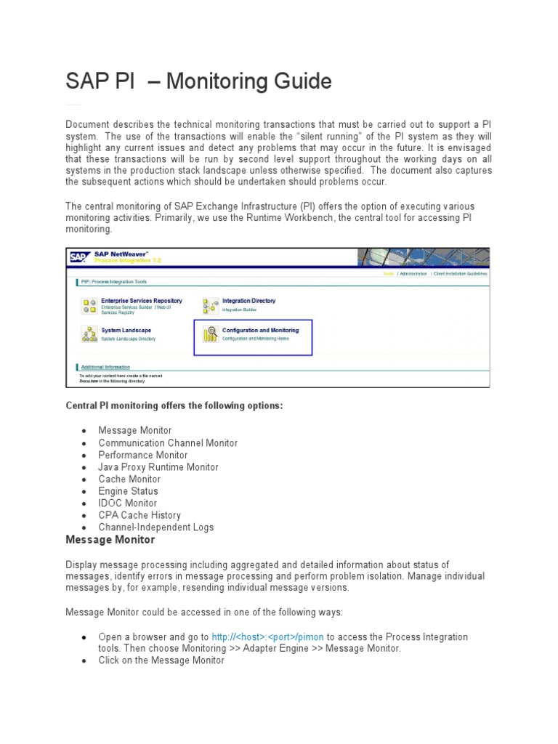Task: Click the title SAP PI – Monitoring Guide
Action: pyautogui.click(x=198, y=81)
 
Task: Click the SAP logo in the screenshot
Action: pyautogui.click(x=78, y=256)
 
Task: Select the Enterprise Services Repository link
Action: pyautogui.click(x=141, y=300)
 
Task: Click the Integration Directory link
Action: pyautogui.click(x=248, y=300)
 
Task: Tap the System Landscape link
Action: pyautogui.click(x=126, y=330)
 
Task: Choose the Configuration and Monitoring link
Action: pyautogui.click(x=260, y=330)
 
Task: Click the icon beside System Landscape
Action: pyautogui.click(x=89, y=334)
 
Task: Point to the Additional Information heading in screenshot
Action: pyautogui.click(x=106, y=367)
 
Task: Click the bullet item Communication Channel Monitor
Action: pyautogui.click(x=168, y=442)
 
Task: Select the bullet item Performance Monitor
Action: pyautogui.click(x=143, y=455)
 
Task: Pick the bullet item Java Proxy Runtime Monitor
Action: pyautogui.click(x=158, y=467)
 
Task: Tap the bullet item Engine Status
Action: pyautogui.click(x=128, y=491)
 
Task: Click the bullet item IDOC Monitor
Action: pyautogui.click(x=127, y=503)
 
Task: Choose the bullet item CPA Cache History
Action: pyautogui.click(x=140, y=515)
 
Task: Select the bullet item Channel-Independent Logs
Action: pyautogui.click(x=156, y=527)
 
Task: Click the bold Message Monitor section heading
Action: pyautogui.click(x=110, y=540)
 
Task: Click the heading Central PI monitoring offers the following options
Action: pyautogui.click(x=174, y=405)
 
